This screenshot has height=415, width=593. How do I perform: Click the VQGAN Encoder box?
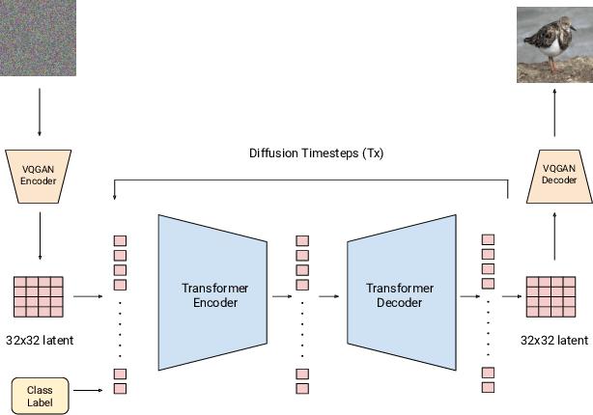tap(39, 175)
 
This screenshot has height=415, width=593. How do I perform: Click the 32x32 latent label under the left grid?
tap(40, 340)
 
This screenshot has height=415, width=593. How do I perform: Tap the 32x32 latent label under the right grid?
tap(554, 340)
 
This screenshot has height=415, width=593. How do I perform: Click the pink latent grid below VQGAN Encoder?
tap(39, 297)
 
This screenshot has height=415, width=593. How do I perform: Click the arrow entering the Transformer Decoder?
tap(329, 297)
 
